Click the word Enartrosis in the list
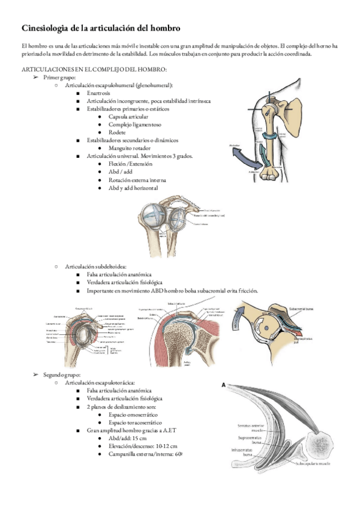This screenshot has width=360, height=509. [99, 94]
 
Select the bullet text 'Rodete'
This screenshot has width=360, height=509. [118, 132]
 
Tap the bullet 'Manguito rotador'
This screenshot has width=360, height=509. [130, 148]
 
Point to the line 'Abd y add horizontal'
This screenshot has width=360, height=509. [134, 187]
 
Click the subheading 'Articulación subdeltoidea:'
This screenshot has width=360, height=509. [97, 266]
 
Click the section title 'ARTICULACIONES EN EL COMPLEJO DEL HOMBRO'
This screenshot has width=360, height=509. [93, 70]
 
